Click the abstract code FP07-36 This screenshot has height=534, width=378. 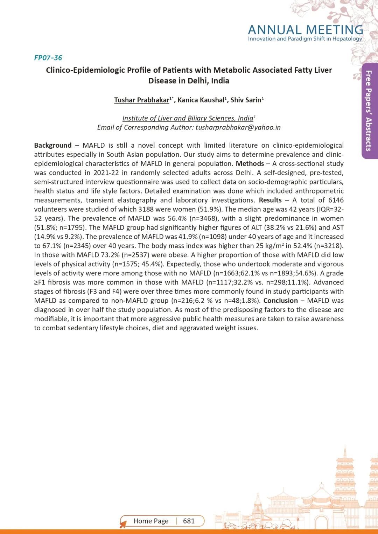48,58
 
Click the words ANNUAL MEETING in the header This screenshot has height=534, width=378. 306,30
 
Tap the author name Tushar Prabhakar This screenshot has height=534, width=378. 141,100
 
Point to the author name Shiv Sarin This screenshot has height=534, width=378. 246,100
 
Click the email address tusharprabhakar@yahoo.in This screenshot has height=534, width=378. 238,127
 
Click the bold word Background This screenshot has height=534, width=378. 53,145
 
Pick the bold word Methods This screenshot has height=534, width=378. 250,163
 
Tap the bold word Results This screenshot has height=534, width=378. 270,200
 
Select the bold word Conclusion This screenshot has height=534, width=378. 281,301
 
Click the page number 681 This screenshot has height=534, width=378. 189,521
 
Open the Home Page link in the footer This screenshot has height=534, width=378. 151,521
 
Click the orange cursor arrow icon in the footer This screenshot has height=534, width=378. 123,524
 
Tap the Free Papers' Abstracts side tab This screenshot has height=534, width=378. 369,111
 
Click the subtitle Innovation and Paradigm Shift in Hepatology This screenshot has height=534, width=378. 305,39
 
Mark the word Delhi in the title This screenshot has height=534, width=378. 198,81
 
